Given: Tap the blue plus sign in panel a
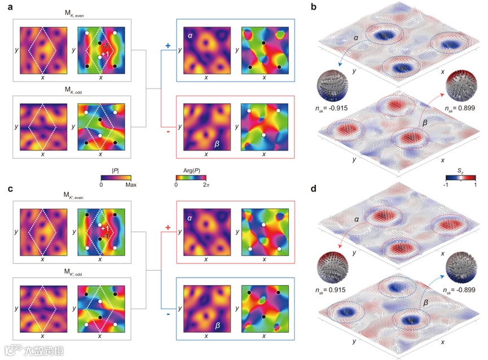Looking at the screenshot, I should coord(167,45).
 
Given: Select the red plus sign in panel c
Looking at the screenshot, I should coord(167,227).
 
